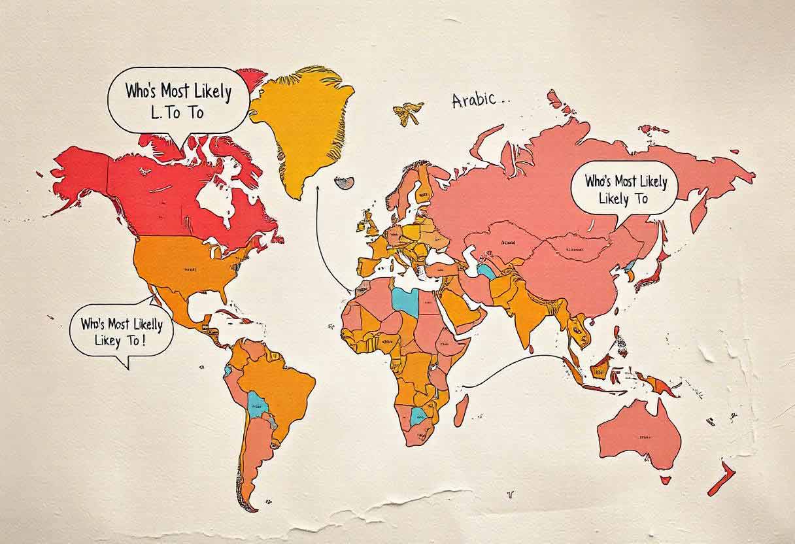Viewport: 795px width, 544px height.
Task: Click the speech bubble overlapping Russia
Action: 624,188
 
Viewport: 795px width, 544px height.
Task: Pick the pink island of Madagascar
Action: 461,410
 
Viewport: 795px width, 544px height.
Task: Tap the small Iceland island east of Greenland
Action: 345,181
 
